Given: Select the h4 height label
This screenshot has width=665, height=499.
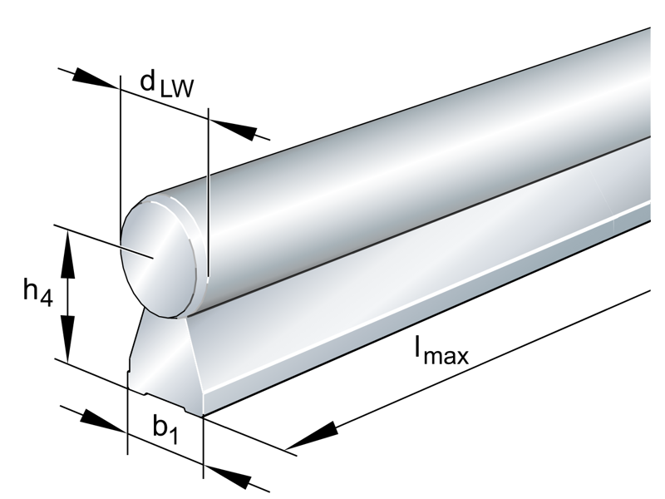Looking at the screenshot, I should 37,292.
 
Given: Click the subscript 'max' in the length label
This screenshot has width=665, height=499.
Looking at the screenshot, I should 449,357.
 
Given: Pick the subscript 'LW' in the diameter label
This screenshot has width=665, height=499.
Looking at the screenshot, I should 176,88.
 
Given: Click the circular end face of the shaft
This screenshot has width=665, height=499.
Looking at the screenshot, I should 160,258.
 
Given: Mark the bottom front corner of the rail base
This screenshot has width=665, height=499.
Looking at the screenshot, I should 202,413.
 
